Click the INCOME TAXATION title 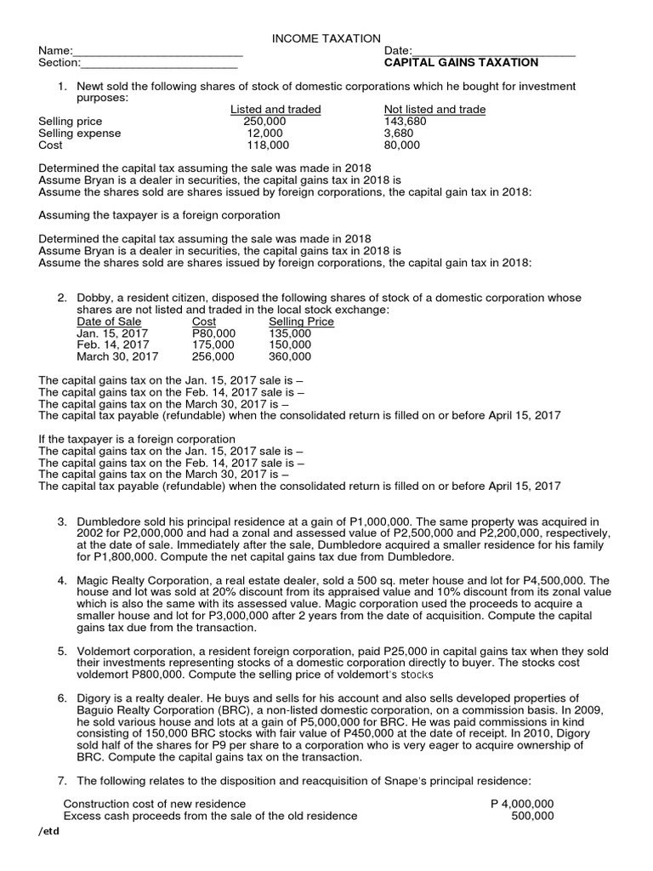pyautogui.click(x=326, y=38)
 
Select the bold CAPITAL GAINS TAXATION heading pyautogui.click(x=461, y=62)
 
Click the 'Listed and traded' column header pyautogui.click(x=275, y=110)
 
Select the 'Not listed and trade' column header pyautogui.click(x=434, y=110)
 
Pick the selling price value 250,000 pyautogui.click(x=264, y=122)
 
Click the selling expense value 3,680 pyautogui.click(x=398, y=134)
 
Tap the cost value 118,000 pyautogui.click(x=264, y=145)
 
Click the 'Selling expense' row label pyautogui.click(x=80, y=134)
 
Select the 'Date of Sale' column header pyautogui.click(x=109, y=322)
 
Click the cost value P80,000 pyautogui.click(x=213, y=334)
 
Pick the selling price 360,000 pyautogui.click(x=290, y=357)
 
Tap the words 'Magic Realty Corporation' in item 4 pyautogui.click(x=145, y=580)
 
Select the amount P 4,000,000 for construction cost pyautogui.click(x=522, y=804)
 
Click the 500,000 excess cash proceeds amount pyautogui.click(x=532, y=816)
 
